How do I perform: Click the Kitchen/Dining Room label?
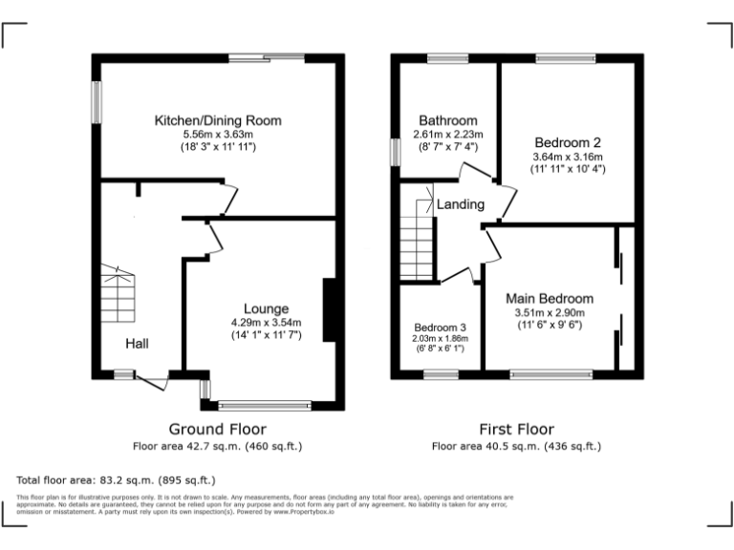(x=218, y=120)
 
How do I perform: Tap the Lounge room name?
(x=266, y=308)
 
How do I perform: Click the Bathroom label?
(x=445, y=120)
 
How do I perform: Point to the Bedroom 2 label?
(x=568, y=142)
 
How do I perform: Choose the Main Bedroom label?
(x=549, y=298)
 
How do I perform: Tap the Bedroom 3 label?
(x=440, y=328)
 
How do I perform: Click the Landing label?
(x=461, y=204)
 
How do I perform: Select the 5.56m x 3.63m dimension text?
(x=218, y=135)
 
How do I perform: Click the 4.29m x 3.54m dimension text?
(x=266, y=323)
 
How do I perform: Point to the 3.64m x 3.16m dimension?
(x=568, y=157)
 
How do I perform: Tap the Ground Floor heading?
(x=217, y=429)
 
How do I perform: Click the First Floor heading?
(x=516, y=429)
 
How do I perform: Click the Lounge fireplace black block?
(x=330, y=309)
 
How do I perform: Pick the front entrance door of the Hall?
(x=148, y=380)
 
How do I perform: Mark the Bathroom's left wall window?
(x=395, y=153)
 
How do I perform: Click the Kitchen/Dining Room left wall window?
(x=96, y=101)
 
